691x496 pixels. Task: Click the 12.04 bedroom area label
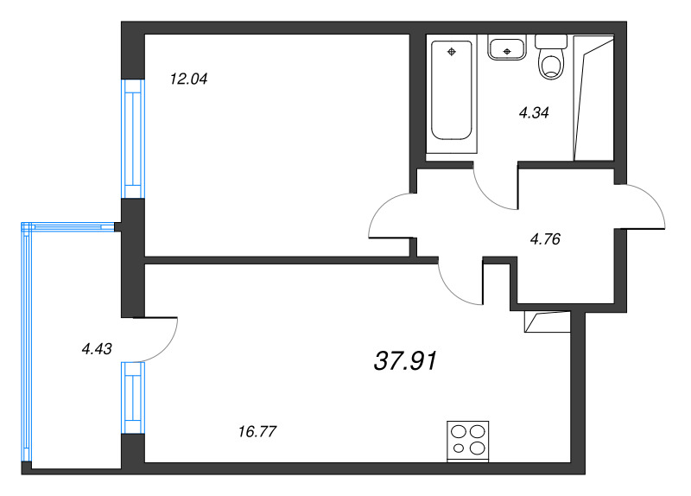188,79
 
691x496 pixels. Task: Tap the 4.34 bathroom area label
534,113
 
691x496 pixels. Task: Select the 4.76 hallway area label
545,239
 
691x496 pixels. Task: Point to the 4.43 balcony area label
97,349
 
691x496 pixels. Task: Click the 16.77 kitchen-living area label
257,431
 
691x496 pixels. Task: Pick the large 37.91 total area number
405,360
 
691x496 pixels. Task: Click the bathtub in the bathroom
451,91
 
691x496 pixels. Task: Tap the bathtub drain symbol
451,52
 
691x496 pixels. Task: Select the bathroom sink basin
507,48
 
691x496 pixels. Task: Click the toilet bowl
551,67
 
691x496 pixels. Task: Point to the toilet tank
551,41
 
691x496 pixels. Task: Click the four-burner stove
467,442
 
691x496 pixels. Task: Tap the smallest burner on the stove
459,448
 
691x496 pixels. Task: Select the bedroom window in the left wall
133,139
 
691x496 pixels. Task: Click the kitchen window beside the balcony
133,397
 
